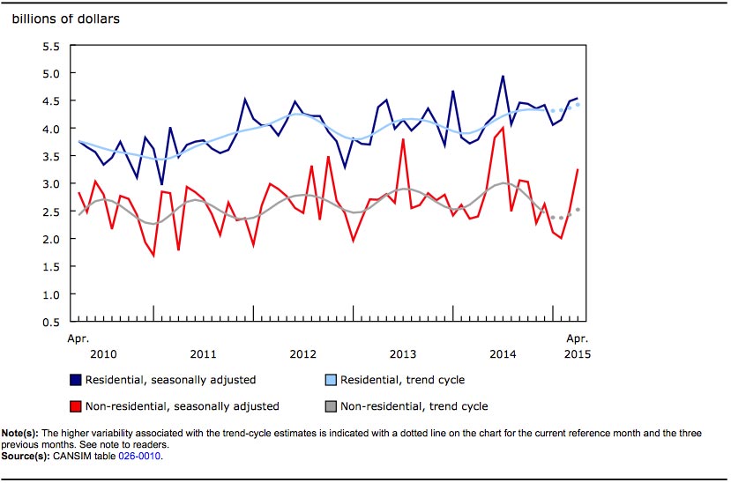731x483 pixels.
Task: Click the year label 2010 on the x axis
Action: pos(103,354)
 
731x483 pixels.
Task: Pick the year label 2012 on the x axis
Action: pos(303,354)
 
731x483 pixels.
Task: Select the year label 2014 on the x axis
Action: pos(503,354)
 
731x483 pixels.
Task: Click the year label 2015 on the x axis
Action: pos(577,354)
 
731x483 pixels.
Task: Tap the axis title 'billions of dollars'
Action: pos(65,19)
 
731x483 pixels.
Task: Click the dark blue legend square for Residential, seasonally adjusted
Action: pos(75,380)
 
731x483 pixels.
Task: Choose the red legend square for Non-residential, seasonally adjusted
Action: pos(75,406)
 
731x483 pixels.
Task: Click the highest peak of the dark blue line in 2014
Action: pos(503,76)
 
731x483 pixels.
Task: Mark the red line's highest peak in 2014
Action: pos(503,128)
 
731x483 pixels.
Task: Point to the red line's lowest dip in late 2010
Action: pos(153,256)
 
